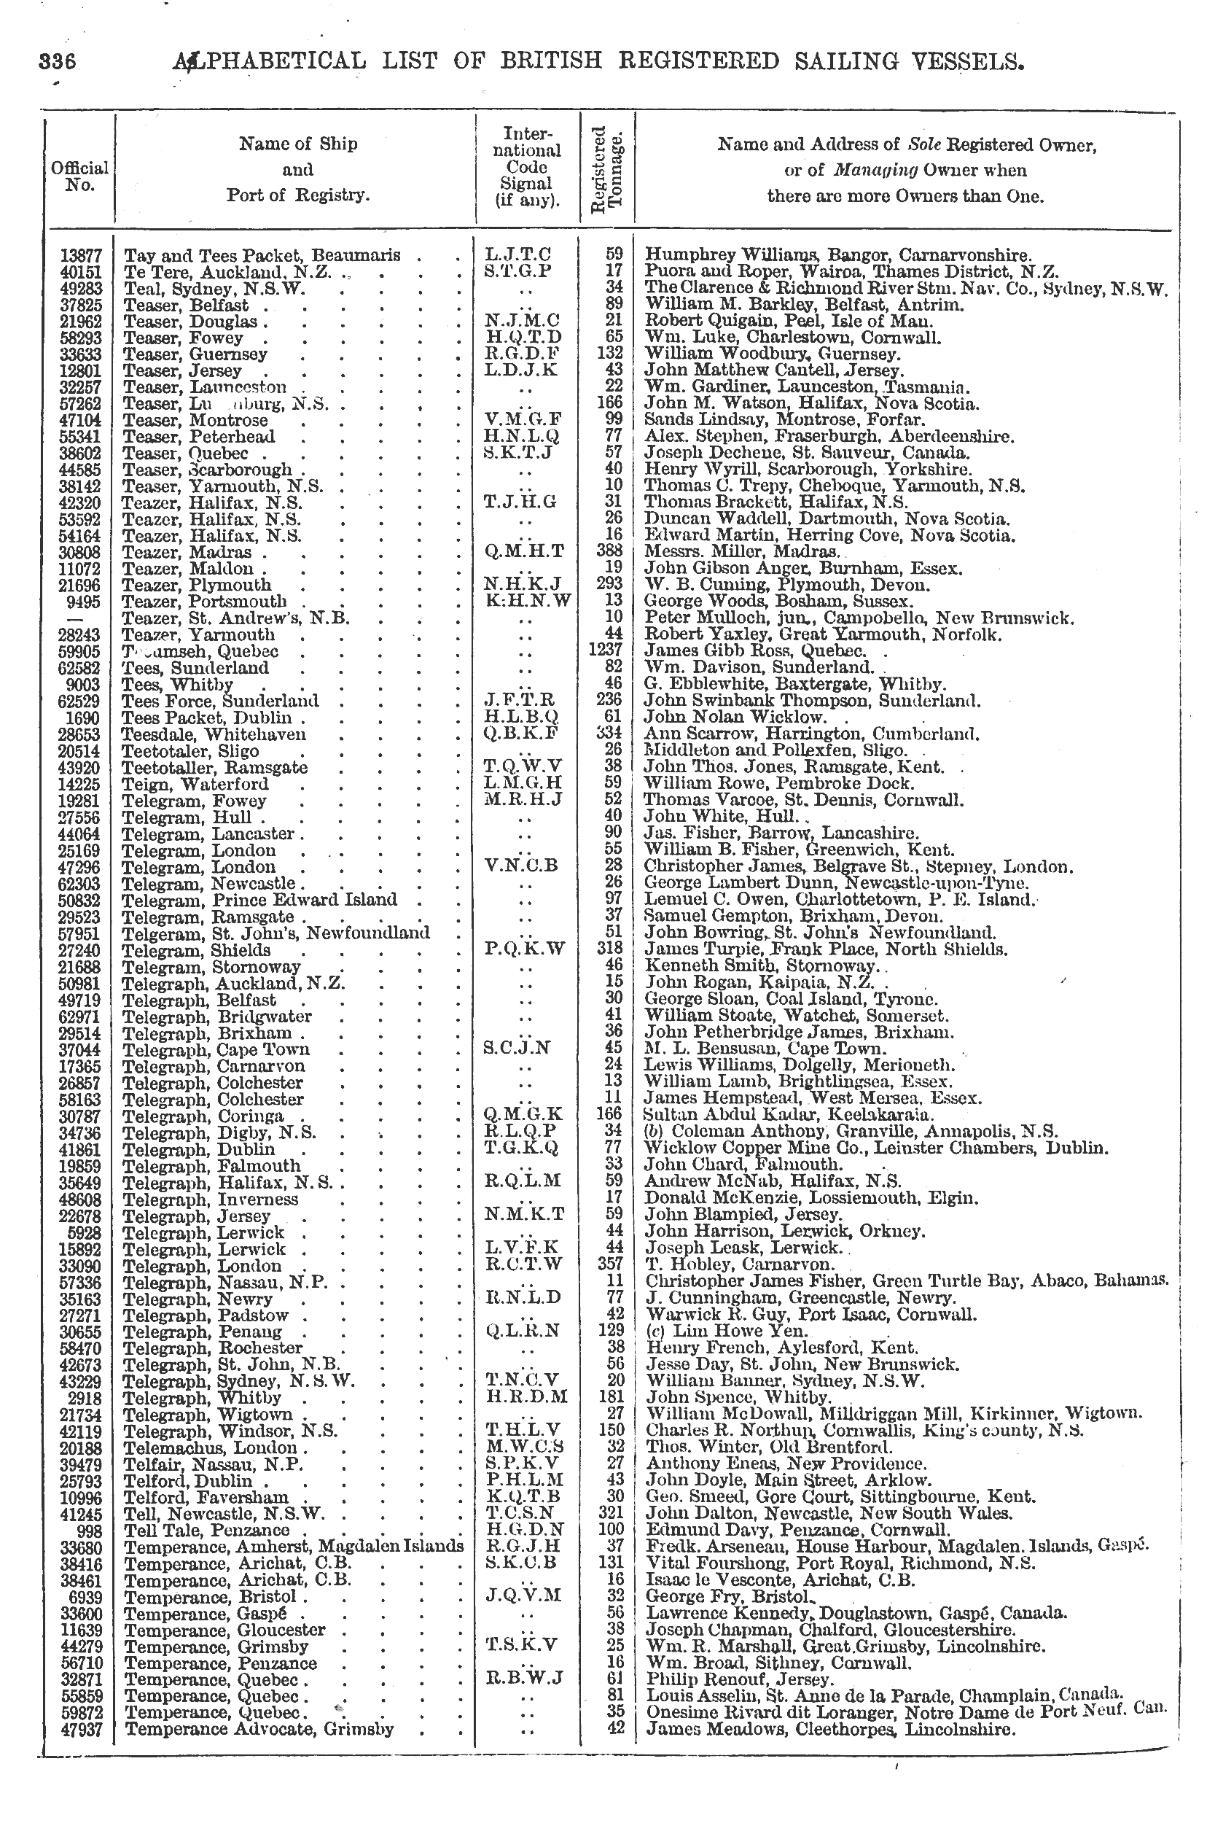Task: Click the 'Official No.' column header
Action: tap(80, 176)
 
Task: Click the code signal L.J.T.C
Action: tap(517, 254)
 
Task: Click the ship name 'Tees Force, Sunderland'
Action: tap(221, 701)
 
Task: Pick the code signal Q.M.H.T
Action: tap(525, 552)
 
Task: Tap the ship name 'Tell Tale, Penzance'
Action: tap(207, 1530)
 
